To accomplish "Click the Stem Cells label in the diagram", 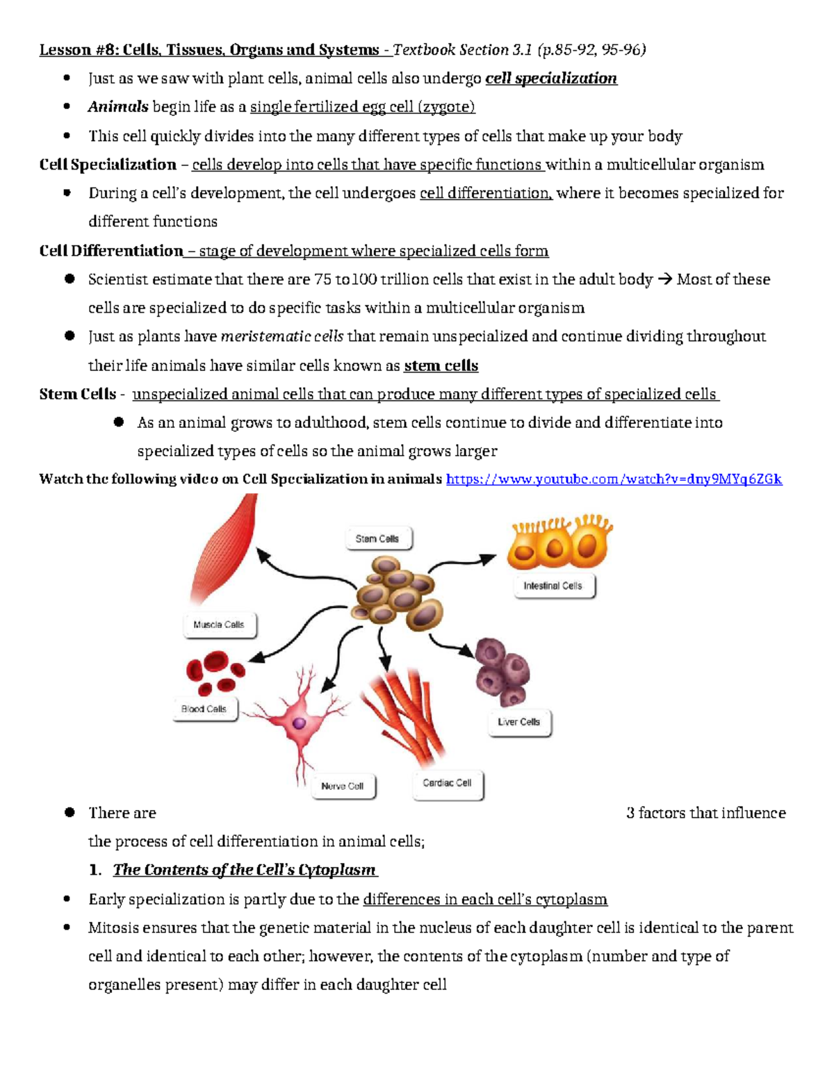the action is click(377, 538).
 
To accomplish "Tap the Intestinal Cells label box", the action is click(553, 586).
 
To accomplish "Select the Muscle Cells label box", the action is click(219, 625).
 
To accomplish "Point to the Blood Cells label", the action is click(204, 709).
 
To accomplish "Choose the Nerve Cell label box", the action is click(343, 786).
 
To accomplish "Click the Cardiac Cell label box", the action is click(447, 783).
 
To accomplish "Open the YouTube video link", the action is click(614, 479).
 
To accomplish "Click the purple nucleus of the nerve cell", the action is click(299, 723).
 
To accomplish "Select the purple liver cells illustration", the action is click(502, 670).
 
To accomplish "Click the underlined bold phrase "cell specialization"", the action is click(551, 79).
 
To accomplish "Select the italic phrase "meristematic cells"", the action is click(282, 337).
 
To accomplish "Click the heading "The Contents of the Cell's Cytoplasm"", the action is click(245, 870).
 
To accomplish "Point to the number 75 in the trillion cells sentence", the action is click(322, 279).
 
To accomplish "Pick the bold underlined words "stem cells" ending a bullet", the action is click(441, 366).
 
